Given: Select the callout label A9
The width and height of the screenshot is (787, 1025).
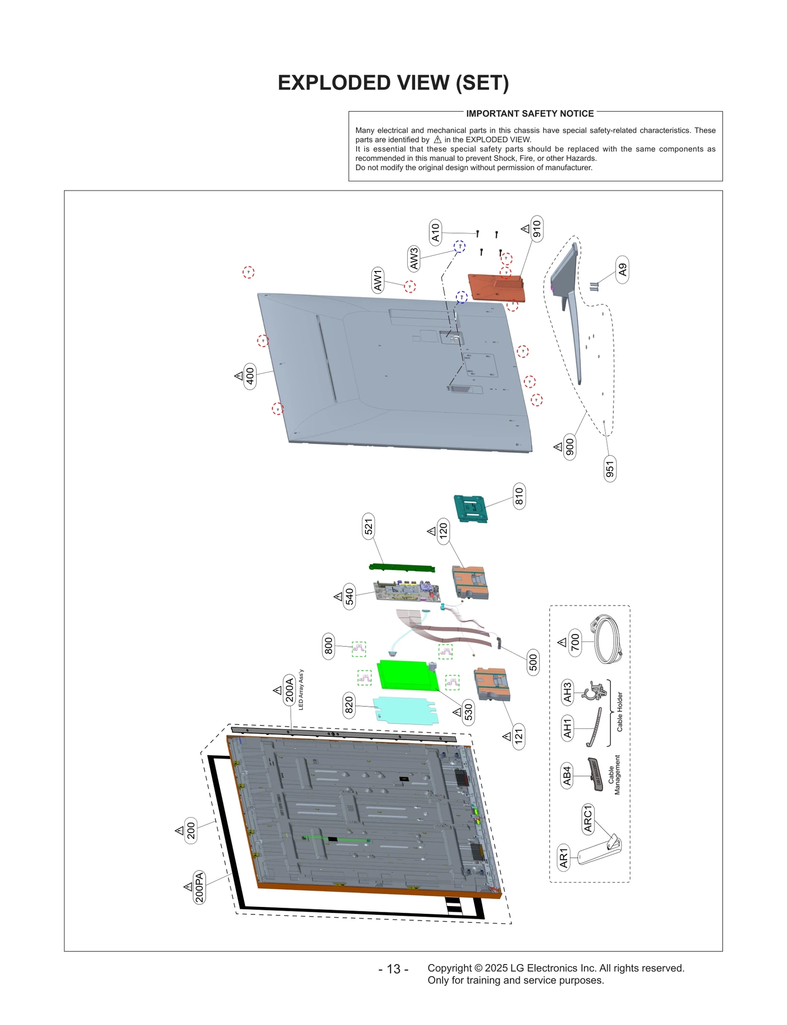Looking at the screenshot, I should coord(622,270).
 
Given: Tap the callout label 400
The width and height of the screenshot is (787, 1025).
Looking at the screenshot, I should coord(250,376).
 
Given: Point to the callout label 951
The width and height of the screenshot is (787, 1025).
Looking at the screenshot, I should coord(610,469).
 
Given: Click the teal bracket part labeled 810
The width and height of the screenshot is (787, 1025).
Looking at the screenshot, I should coord(470,509).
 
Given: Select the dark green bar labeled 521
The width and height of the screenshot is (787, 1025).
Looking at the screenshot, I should coord(402,568).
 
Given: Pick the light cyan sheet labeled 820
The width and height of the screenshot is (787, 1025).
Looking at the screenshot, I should coord(405,710).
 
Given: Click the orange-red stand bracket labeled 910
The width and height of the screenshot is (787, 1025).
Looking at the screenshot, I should coord(496,288).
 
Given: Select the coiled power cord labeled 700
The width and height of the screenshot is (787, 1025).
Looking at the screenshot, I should coord(608,640).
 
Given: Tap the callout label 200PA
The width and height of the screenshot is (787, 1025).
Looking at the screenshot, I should coord(199,887).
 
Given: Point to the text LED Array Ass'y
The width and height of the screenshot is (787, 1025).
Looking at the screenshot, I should coord(301,689).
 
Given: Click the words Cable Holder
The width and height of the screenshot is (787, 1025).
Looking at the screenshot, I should coord(620,712).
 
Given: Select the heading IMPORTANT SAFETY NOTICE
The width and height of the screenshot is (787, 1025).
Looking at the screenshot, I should coord(530,114).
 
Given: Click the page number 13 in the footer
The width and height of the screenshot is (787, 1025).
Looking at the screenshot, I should coord(393,969).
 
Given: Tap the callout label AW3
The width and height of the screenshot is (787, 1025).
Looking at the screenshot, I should coord(414,259).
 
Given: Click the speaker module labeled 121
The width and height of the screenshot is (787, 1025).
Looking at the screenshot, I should coord(492,684).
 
